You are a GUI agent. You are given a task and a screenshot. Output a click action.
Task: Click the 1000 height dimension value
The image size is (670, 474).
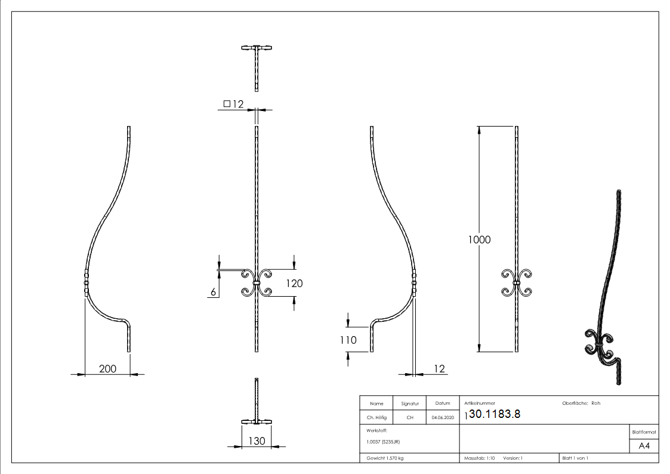point(479,240)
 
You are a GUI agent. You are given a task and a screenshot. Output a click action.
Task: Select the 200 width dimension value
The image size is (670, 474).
point(107,369)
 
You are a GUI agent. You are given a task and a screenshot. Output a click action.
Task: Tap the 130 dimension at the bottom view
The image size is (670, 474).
point(257,441)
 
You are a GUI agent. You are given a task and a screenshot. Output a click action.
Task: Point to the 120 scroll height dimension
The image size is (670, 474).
point(294,284)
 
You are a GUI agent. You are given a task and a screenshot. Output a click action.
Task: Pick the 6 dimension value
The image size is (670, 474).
point(212,292)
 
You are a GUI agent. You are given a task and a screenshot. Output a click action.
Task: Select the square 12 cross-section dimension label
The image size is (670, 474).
point(234,104)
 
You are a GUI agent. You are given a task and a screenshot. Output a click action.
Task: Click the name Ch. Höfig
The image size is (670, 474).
point(376,418)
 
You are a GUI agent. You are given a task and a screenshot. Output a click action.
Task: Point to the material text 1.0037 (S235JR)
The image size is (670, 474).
point(382,442)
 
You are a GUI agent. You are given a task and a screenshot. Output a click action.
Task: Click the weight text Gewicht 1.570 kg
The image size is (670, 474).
point(385,458)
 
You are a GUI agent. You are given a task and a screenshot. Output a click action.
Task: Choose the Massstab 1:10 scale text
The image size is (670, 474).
point(480,458)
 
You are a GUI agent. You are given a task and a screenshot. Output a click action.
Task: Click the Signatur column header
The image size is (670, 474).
point(409,404)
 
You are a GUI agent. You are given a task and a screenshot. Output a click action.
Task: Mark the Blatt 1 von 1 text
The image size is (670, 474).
point(575,458)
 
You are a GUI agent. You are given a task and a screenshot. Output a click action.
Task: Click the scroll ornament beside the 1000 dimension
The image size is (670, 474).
point(516,283)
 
